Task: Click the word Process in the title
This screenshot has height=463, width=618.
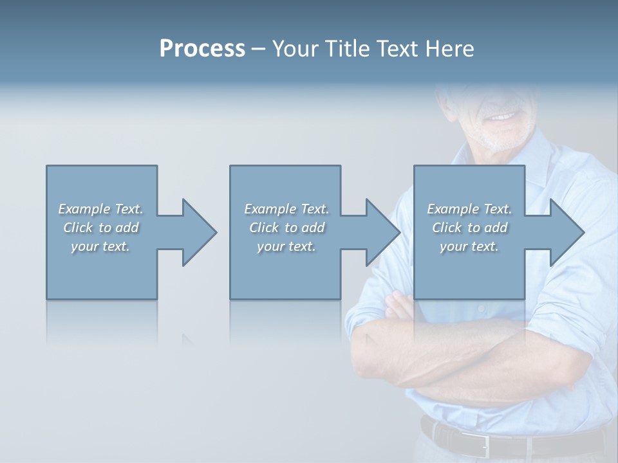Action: pyautogui.click(x=202, y=49)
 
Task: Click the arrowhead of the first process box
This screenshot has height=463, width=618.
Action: pyautogui.click(x=199, y=232)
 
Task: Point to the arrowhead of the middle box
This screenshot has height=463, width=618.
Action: pyautogui.click(x=382, y=232)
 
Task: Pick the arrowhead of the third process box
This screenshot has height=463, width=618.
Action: pyautogui.click(x=566, y=232)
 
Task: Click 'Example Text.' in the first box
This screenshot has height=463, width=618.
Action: pyautogui.click(x=100, y=209)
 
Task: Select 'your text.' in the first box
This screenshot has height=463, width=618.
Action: pyautogui.click(x=100, y=246)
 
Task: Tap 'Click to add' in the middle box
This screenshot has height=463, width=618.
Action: pyautogui.click(x=286, y=228)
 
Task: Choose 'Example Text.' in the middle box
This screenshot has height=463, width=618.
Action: pyautogui.click(x=286, y=209)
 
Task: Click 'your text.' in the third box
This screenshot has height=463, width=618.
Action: pyautogui.click(x=469, y=246)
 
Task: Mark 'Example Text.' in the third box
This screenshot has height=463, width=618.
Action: pyautogui.click(x=469, y=209)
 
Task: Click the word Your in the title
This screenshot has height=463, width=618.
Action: pyautogui.click(x=295, y=49)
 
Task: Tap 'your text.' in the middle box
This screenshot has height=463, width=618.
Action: pyautogui.click(x=286, y=246)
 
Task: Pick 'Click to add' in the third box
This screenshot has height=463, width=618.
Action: pyautogui.click(x=469, y=228)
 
